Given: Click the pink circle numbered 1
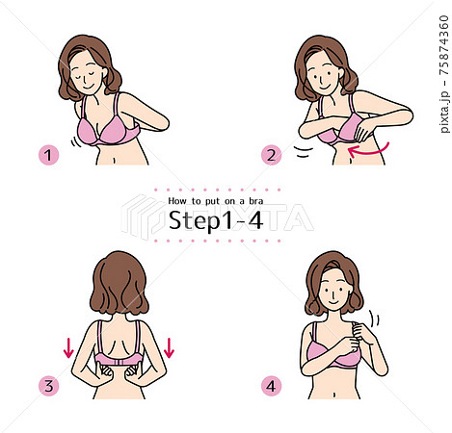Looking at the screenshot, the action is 48,155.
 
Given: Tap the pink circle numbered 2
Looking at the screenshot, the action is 271,155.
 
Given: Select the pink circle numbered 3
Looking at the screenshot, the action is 48,386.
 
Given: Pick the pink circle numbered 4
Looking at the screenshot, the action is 271,386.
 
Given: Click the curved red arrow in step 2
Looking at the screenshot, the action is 369,152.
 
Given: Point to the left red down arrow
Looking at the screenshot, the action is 68,347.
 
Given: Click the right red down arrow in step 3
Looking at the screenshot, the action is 169,347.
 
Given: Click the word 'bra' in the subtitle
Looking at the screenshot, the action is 256,201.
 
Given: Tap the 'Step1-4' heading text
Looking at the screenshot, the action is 216,220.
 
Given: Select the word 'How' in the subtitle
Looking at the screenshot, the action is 177,201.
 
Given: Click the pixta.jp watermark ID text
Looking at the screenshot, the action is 443,74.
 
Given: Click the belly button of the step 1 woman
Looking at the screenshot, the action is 114,160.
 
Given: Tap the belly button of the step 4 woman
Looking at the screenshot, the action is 334,395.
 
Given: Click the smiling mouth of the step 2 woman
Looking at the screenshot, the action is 325,87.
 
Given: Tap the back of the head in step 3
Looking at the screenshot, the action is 119,282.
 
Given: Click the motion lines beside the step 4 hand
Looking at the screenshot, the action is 375,318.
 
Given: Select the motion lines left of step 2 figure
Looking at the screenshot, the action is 303,152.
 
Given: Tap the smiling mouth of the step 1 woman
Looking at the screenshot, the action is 88,87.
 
